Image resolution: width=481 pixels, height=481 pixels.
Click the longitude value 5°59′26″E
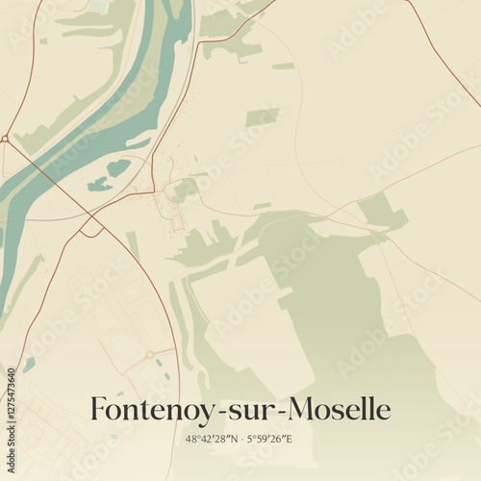coord(271,439)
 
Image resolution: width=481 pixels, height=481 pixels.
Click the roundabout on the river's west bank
coord(5,139)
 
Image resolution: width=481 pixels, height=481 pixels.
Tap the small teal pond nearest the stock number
coord(29,364)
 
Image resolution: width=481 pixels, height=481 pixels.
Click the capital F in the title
coord(98,409)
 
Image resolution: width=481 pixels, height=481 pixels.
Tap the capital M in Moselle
coord(303,409)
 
